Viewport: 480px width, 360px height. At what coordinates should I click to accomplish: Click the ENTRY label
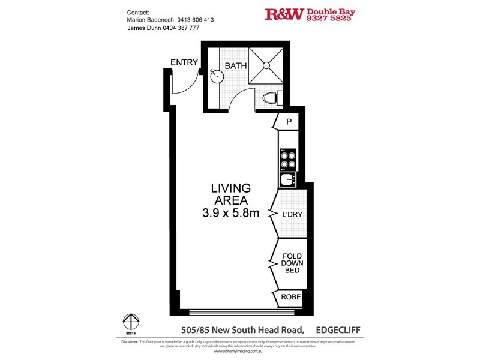point(185,62)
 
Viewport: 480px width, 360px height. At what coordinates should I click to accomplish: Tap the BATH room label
point(236,65)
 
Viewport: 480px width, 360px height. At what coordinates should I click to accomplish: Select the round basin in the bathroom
point(217,76)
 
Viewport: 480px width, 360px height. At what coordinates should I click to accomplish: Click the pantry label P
point(289,122)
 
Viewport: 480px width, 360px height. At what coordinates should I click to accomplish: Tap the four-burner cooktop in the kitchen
point(287,158)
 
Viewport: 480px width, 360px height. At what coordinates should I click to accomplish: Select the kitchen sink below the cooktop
point(287,179)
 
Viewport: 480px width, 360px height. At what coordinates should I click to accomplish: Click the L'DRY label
point(293,214)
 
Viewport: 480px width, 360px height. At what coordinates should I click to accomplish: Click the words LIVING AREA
point(230,194)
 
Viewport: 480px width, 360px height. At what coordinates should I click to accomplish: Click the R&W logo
point(284,14)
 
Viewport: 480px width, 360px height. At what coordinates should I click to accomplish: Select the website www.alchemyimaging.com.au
point(240,352)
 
